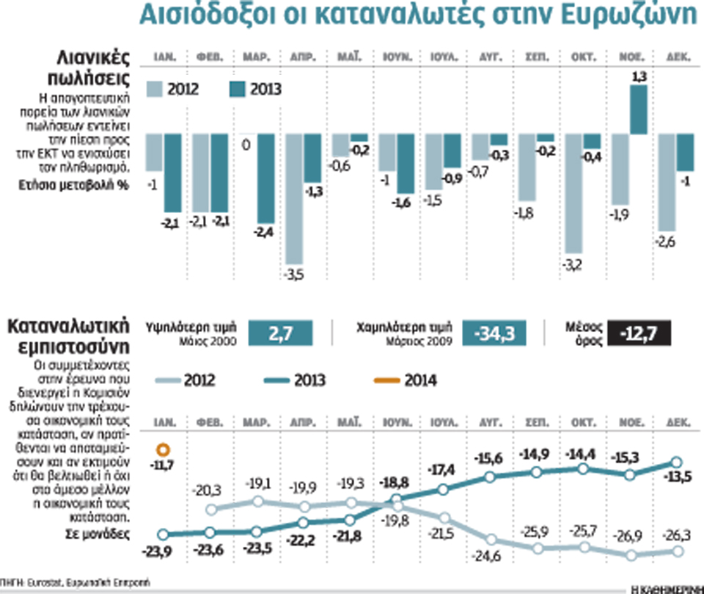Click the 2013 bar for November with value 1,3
point(639,109)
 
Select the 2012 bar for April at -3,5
point(295,198)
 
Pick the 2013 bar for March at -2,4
point(266,178)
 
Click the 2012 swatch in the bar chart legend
point(155,90)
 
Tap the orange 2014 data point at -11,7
point(164,449)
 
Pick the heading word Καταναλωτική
point(67,326)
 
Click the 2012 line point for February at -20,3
point(211,510)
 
